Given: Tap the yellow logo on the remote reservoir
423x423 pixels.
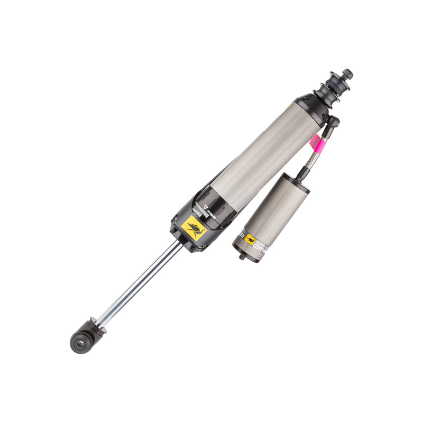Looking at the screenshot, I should click(250, 239).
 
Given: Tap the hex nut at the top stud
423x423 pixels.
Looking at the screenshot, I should click(347, 74).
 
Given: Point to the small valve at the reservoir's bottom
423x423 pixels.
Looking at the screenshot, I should click(242, 257).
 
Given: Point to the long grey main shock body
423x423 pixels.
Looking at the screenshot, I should click(264, 153).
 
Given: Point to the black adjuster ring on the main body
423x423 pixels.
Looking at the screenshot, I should click(217, 206).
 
